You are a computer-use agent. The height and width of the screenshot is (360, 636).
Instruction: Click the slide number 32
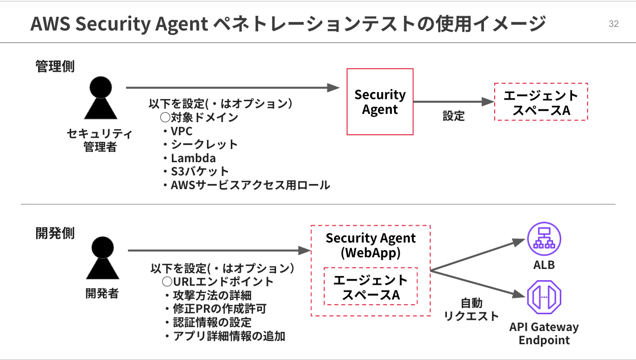coord(613,24)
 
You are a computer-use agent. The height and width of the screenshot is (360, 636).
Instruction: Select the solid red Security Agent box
coord(380,102)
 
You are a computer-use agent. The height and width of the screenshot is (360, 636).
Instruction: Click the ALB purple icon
coord(544,239)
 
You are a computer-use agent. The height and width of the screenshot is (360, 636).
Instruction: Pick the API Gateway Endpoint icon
coord(544,296)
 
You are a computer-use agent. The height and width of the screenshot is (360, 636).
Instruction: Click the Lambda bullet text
coord(193,158)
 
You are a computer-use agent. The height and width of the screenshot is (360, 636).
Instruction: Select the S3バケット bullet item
coord(199,171)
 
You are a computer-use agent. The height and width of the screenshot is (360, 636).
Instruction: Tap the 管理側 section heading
coord(54,67)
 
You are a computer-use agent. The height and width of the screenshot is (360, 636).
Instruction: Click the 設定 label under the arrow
coord(453,116)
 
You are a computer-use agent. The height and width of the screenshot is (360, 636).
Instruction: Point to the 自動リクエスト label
coord(471,310)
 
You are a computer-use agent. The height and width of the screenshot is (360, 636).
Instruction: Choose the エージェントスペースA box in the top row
coord(541,102)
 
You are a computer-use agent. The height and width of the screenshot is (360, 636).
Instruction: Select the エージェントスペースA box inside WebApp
coord(371,287)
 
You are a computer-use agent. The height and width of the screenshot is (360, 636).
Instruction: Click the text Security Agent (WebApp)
coord(371,245)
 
